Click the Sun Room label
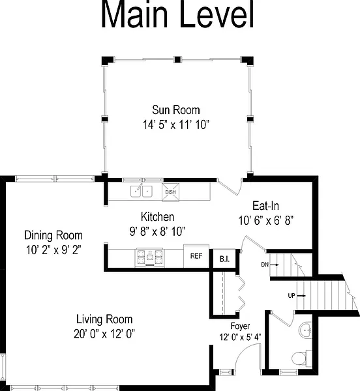click(x=176, y=110)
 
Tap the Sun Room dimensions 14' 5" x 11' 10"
click(x=176, y=124)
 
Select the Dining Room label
click(x=53, y=235)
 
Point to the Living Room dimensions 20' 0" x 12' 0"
click(x=104, y=334)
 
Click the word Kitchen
click(x=157, y=217)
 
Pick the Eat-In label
click(x=265, y=206)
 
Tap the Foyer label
click(x=240, y=326)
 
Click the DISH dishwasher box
click(x=171, y=192)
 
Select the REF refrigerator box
click(x=196, y=256)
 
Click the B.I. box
click(x=224, y=259)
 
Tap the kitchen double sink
click(x=142, y=191)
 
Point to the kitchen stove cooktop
click(x=150, y=257)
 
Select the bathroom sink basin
click(x=305, y=330)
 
